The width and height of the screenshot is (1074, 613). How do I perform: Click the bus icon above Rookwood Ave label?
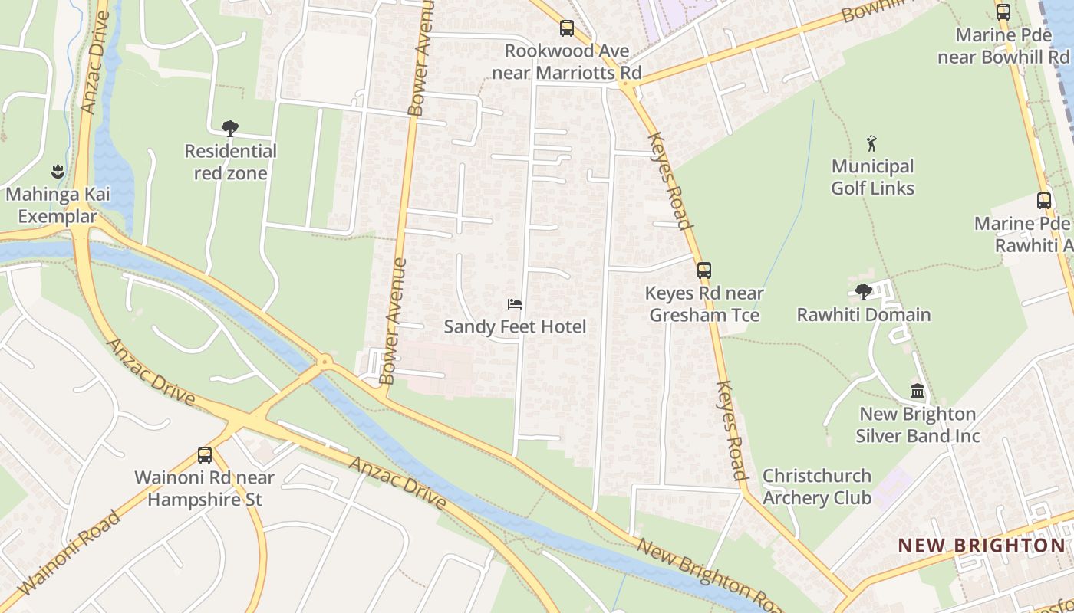click(x=567, y=28)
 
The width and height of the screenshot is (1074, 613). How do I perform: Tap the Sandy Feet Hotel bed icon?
click(x=515, y=304)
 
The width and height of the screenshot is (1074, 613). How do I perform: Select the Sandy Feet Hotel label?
click(x=515, y=327)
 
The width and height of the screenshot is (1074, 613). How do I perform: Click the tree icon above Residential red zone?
click(x=229, y=128)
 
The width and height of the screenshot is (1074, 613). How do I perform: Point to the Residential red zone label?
click(x=230, y=162)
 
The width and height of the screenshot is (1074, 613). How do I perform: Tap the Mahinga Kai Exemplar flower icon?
click(x=58, y=171)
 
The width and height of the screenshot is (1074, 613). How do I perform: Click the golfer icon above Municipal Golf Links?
click(x=871, y=143)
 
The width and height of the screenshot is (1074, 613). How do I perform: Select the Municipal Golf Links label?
click(x=873, y=177)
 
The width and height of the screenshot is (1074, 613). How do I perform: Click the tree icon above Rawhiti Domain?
click(x=864, y=291)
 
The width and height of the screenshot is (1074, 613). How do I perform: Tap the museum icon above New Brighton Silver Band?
click(x=918, y=392)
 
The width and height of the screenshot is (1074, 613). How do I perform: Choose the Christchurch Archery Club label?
click(x=817, y=487)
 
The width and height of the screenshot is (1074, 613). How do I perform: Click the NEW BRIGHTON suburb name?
click(x=981, y=546)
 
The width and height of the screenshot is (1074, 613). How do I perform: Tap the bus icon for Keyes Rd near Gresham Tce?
click(x=703, y=270)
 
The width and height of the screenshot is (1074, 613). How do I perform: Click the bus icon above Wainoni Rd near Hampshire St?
click(x=205, y=454)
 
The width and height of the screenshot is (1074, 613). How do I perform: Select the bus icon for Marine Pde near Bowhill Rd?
click(x=1003, y=11)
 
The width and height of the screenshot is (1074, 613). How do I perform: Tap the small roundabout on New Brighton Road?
click(x=325, y=360)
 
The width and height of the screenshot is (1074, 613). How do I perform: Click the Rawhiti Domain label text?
click(x=864, y=315)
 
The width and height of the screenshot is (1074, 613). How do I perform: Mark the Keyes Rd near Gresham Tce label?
click(x=704, y=304)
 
